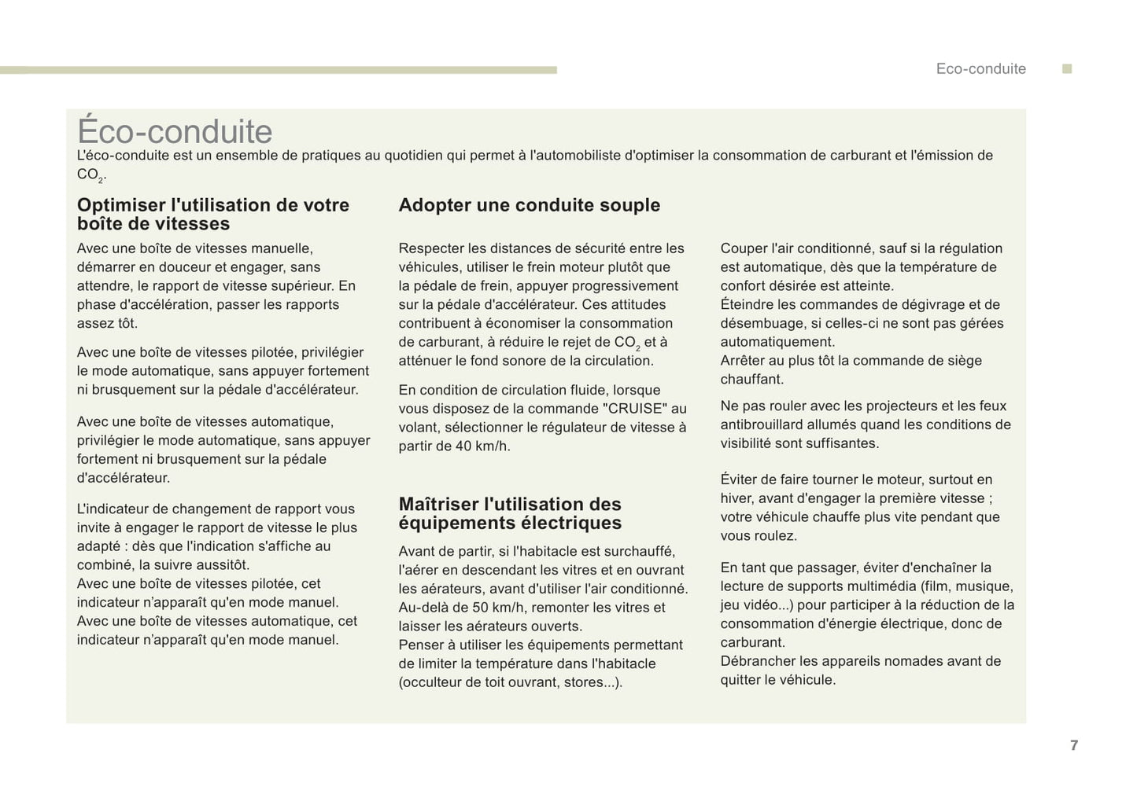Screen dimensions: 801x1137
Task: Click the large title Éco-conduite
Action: (x=175, y=131)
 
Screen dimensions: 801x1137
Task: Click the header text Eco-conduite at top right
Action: (x=980, y=69)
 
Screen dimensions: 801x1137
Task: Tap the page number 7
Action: (x=1074, y=745)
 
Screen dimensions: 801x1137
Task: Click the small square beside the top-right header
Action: (x=1067, y=69)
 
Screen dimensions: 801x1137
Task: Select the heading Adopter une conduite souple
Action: (x=529, y=205)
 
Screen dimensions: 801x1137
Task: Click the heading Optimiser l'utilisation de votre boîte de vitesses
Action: (x=212, y=215)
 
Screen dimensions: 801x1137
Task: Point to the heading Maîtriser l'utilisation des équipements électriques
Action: (x=510, y=513)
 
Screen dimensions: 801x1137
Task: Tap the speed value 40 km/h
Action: (x=482, y=446)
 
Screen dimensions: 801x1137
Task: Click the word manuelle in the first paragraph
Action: (x=282, y=248)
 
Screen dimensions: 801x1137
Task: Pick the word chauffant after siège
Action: (x=751, y=380)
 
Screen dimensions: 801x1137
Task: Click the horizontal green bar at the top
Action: (x=278, y=70)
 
